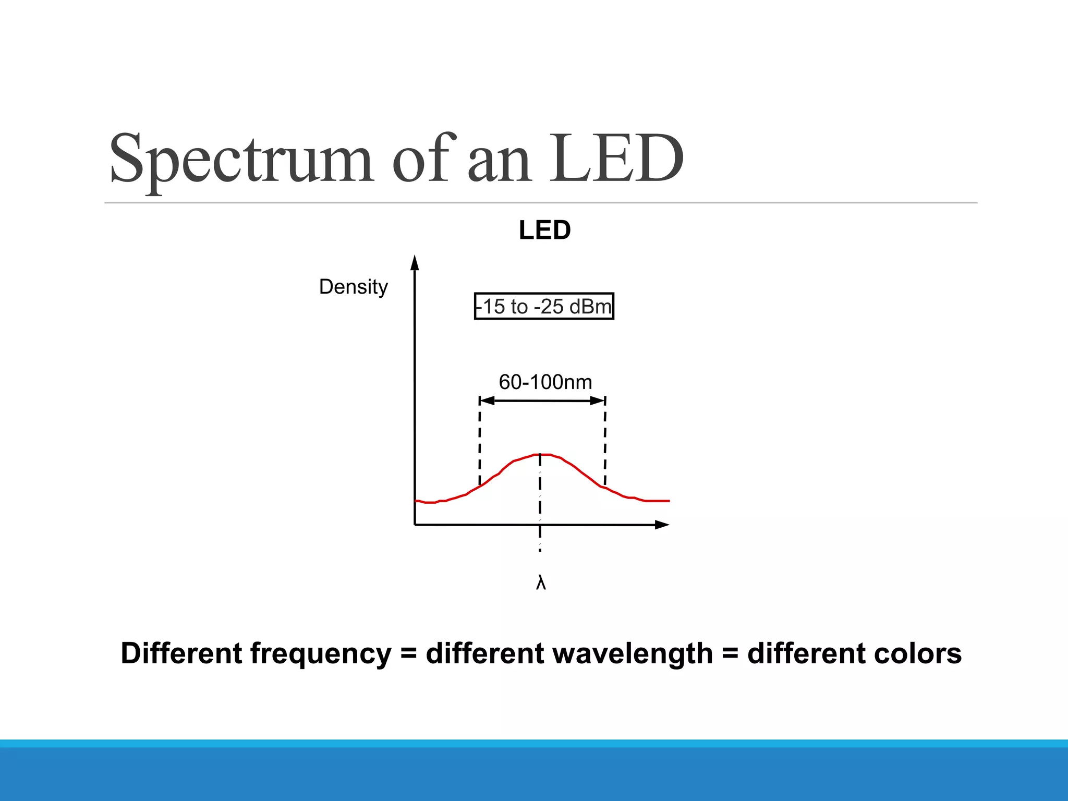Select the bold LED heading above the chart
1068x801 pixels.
point(545,230)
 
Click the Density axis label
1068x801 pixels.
point(353,287)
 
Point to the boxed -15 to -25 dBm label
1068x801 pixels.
point(544,306)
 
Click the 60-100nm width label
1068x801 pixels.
point(545,382)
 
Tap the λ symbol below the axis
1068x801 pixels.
point(541,582)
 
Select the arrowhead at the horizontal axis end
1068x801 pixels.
point(662,525)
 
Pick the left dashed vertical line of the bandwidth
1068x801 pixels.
point(480,443)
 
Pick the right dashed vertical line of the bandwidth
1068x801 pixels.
point(605,443)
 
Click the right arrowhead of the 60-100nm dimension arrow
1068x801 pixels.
point(598,400)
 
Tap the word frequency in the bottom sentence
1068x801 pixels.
point(321,654)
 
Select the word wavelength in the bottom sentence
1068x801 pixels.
point(569,653)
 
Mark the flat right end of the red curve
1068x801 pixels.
point(657,501)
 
